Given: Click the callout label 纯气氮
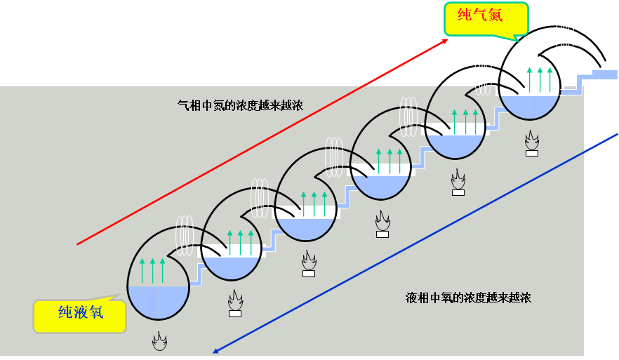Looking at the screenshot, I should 479,15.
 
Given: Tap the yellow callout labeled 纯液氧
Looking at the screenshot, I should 80,313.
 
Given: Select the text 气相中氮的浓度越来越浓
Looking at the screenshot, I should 240,105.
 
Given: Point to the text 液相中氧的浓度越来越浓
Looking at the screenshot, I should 468,297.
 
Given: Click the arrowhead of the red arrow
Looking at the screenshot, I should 445,41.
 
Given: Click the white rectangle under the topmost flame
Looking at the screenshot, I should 532,153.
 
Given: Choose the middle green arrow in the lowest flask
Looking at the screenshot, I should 152,270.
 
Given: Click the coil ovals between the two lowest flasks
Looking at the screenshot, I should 185,233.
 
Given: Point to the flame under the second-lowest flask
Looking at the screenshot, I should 235,302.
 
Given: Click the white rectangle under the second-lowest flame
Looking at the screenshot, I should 235,314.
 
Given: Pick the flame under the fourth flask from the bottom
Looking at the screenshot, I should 382,222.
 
